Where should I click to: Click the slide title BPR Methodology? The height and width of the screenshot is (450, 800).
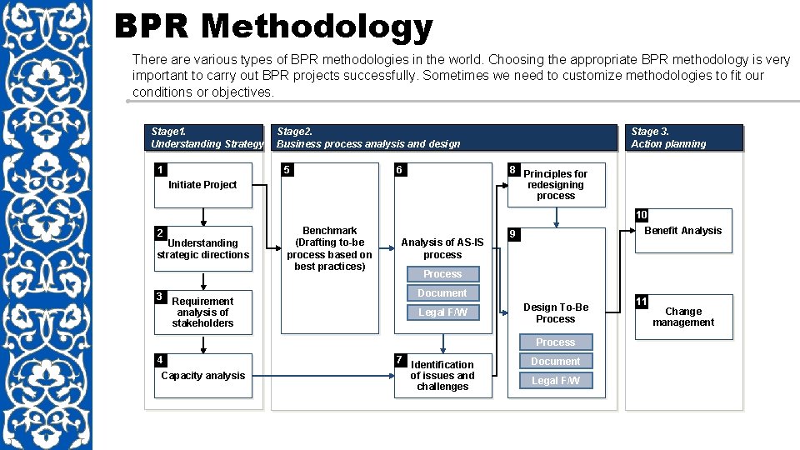pos(273,27)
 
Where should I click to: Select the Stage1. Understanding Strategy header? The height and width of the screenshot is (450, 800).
pos(207,137)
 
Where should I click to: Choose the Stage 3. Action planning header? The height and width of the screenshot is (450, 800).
pos(683,137)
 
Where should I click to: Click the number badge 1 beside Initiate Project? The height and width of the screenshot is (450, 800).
pos(159,170)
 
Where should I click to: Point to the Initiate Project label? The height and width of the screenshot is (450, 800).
pos(202,185)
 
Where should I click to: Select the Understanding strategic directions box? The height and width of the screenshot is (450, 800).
pos(202,248)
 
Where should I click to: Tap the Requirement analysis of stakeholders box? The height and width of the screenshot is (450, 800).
pos(202,312)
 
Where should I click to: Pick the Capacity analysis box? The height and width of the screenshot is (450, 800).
pos(202,376)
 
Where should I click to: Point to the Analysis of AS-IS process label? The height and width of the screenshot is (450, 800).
pos(442,248)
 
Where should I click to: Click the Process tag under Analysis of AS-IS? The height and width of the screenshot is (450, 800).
pos(442,274)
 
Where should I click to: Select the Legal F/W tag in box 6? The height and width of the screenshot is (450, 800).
pos(442,312)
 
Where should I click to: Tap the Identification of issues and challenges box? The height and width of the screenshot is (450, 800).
pos(442,376)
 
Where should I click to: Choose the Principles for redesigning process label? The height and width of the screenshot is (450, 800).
pos(555,185)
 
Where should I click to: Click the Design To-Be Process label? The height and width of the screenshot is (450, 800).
pos(556,312)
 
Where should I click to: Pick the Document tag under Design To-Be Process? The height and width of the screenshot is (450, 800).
pos(556,361)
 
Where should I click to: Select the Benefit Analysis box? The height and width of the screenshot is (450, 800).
pos(683,231)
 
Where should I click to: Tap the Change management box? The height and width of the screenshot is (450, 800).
pos(683,317)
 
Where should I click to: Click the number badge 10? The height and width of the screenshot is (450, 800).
pos(641,215)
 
